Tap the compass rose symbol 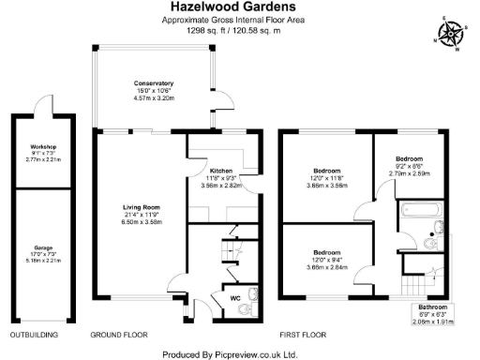point(451,35)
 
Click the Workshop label point(43,147)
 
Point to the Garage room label point(43,248)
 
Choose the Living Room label point(141,207)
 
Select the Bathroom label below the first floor point(433,307)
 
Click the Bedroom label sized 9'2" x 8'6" point(409,159)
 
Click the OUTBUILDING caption point(34,334)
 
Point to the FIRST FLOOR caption point(302,334)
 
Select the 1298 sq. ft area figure point(208,31)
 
